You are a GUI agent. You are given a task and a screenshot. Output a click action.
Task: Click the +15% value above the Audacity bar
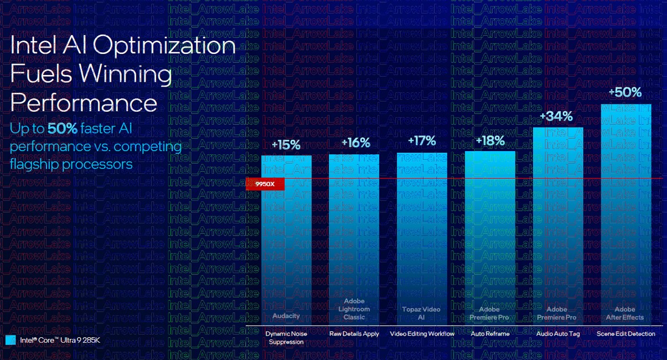coord(286,145)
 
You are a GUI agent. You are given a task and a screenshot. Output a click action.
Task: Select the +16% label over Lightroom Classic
coord(356,143)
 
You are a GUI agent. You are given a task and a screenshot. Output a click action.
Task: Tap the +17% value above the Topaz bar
coord(422,141)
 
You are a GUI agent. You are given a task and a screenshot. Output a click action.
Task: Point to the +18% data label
coord(490,140)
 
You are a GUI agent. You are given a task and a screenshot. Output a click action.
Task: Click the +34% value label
coord(558,116)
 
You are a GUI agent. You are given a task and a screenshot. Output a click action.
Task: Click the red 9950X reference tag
coord(266,183)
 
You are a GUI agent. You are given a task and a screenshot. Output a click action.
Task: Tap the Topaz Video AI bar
coord(422,239)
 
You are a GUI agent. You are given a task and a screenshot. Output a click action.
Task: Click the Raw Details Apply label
coord(355,334)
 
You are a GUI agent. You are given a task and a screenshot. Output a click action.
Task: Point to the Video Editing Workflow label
coord(422,334)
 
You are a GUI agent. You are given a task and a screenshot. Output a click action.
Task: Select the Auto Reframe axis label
coord(490,334)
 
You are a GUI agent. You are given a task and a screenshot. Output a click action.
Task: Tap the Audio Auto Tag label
coord(558,334)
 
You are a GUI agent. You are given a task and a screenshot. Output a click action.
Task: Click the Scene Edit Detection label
coord(626,334)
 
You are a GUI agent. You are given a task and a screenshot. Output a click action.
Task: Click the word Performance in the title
coord(84,103)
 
